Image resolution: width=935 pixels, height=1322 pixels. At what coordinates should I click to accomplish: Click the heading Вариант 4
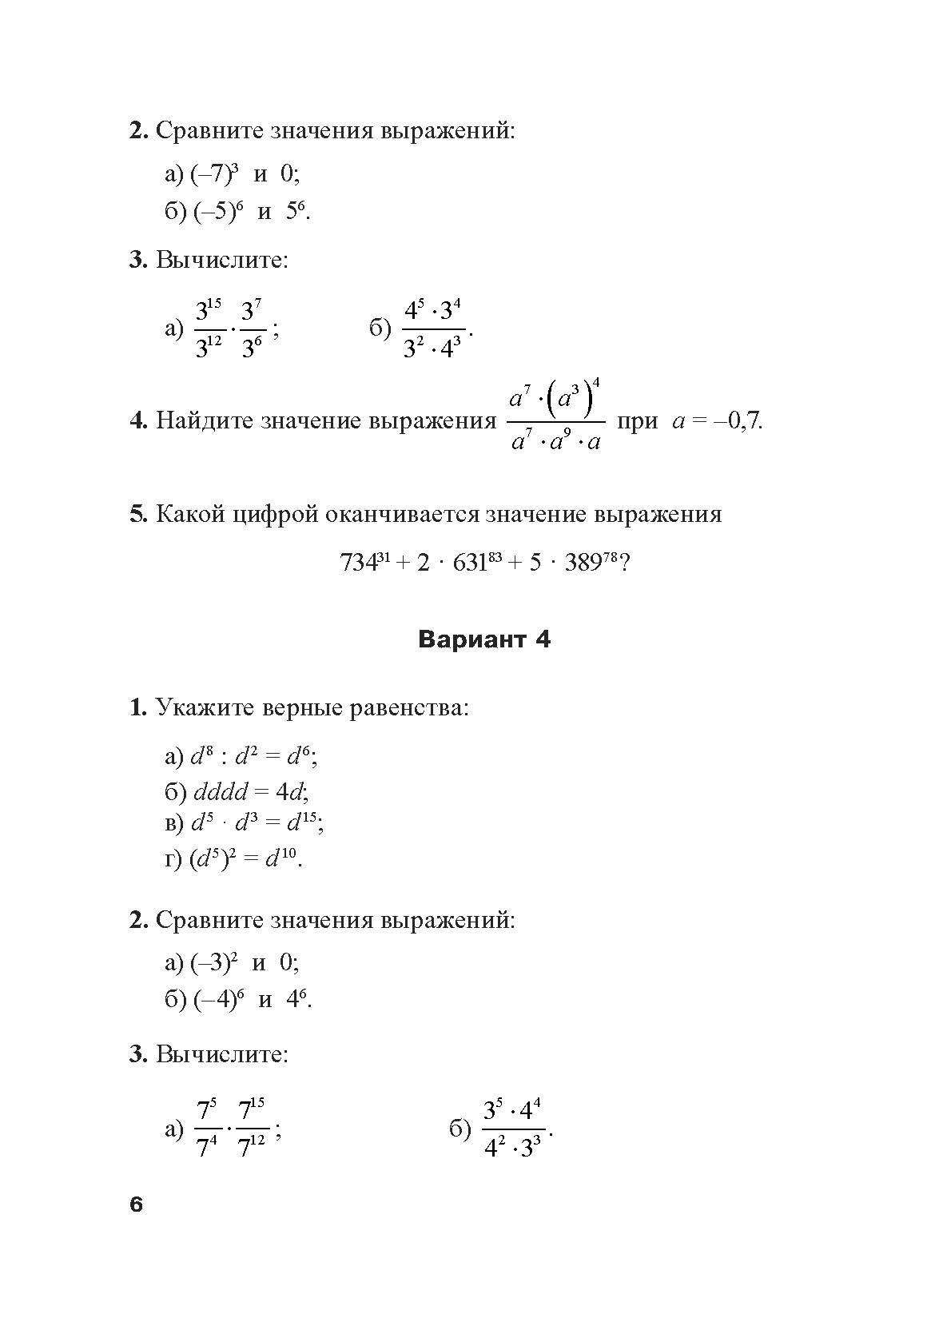tap(484, 640)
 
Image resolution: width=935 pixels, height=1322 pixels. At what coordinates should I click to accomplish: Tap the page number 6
tap(136, 1205)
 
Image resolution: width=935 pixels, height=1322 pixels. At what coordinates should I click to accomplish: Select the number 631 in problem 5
tap(470, 563)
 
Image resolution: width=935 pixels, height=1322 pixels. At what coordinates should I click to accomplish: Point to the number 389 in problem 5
tap(583, 563)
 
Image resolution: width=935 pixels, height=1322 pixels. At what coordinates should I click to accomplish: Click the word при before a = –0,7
tap(638, 421)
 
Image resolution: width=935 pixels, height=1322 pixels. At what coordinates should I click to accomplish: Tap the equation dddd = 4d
tap(249, 792)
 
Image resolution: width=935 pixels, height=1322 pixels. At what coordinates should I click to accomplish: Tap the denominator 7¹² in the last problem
tap(252, 1149)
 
